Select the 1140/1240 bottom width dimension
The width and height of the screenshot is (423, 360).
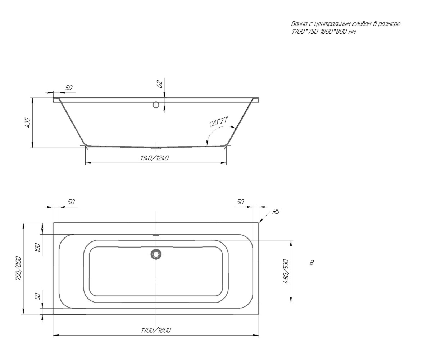coord(155,158)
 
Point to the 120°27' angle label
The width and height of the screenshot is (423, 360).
coord(219,122)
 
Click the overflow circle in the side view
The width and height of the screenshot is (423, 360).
coord(156,105)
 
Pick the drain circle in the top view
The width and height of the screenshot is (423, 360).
coord(156,254)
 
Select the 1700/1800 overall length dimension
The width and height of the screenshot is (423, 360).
coord(156,330)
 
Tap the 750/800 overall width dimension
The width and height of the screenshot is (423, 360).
coord(19,268)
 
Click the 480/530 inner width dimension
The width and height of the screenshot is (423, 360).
coord(286,271)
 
